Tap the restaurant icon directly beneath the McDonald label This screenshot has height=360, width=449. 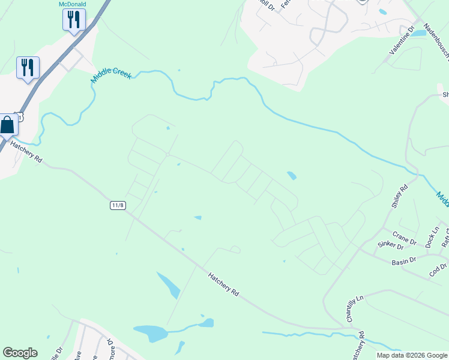(74, 20)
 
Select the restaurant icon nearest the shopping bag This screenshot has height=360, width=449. (28, 68)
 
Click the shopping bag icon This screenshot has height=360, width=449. (7, 126)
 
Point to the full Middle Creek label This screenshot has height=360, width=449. (111, 75)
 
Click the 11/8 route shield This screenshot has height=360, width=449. (118, 205)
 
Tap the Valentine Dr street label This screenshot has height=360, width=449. (402, 41)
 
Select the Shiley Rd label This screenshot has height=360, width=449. (399, 196)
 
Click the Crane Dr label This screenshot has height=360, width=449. (404, 237)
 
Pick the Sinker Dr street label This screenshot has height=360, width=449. (391, 245)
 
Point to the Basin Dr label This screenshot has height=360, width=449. (404, 261)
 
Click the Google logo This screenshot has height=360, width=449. (20, 353)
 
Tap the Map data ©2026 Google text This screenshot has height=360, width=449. (411, 355)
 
